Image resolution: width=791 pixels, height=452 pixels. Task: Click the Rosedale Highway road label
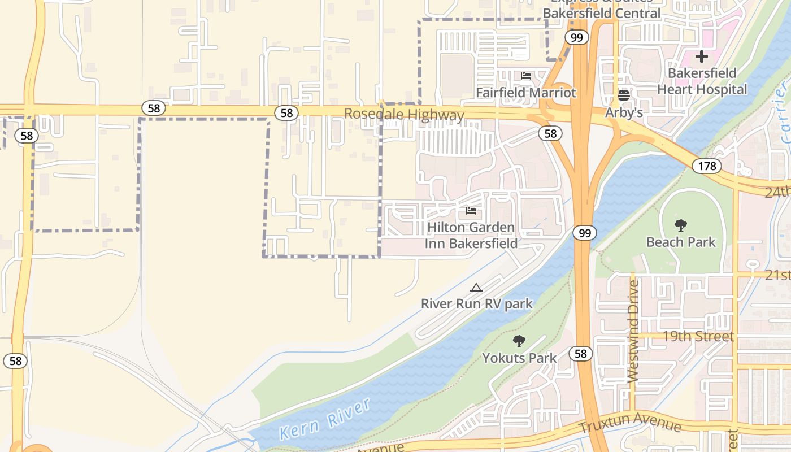[x=404, y=115]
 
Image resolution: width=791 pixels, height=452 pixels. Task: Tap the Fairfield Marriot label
[x=525, y=93]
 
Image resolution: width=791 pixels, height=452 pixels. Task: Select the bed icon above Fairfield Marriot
[x=526, y=76]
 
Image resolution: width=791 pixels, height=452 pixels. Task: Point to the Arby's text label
[x=624, y=112]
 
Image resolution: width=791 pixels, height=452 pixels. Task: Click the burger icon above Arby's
[x=624, y=95]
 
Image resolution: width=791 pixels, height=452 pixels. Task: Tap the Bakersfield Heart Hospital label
[x=702, y=81]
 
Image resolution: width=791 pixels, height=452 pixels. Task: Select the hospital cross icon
[x=702, y=56]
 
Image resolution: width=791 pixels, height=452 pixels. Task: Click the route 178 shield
[x=706, y=166]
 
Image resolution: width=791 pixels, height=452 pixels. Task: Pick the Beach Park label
[x=681, y=242]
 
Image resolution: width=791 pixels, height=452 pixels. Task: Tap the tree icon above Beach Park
[x=681, y=225]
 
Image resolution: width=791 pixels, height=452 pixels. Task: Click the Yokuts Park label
[x=519, y=358]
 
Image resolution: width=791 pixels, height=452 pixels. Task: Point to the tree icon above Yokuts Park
[x=519, y=341]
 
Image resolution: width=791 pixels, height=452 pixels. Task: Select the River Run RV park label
[x=476, y=304]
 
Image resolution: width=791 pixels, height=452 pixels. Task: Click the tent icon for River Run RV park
[x=476, y=288]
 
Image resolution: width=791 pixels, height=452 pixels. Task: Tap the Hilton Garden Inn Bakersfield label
[x=471, y=236]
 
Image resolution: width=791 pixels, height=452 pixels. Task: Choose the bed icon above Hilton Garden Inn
[x=471, y=211]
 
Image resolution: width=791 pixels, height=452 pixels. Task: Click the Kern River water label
[x=325, y=419]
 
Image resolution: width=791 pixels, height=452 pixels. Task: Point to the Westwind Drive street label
[x=633, y=332]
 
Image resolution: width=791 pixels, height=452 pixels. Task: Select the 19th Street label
[x=698, y=337]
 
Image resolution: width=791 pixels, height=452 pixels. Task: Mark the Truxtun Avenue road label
[x=629, y=423]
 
